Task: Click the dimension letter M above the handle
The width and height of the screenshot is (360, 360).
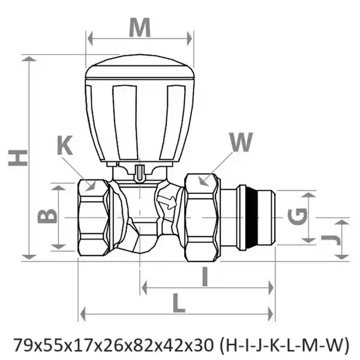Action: [140, 28]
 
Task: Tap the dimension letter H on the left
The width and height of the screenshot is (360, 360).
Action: [17, 158]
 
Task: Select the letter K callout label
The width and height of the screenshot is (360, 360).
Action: [65, 145]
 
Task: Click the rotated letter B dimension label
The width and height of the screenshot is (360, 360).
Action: [47, 216]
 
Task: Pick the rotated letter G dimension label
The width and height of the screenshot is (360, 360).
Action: [298, 216]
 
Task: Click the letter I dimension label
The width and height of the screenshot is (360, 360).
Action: [205, 277]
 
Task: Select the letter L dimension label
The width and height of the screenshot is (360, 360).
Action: [179, 303]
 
